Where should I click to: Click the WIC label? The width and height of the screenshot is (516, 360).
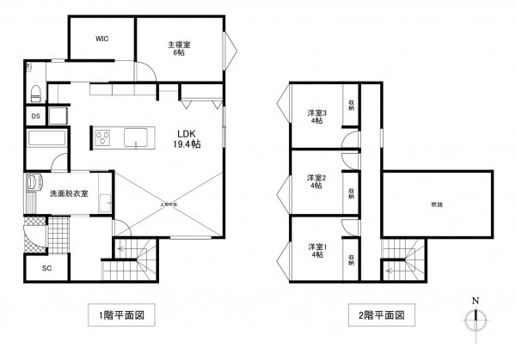[101, 38]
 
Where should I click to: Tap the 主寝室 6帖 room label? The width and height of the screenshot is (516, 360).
[179, 48]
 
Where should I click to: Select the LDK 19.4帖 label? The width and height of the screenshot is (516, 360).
[188, 139]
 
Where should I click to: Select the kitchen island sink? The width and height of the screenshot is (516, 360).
[138, 137]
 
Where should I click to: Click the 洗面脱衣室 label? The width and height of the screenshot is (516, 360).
[68, 194]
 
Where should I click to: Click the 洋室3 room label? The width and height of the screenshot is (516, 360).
[317, 117]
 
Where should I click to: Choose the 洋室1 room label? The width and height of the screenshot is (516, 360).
[317, 251]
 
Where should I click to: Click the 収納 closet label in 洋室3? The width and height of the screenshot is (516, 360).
[352, 107]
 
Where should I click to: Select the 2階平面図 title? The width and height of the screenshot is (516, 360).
[375, 315]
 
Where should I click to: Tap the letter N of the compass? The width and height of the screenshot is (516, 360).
[475, 301]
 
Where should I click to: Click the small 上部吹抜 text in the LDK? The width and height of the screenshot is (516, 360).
[169, 204]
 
